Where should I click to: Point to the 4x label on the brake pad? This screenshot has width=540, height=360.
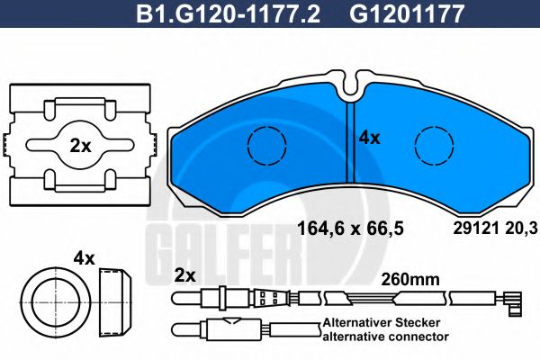tap(370, 139)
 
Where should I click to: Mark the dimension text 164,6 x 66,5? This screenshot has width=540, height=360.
tap(351, 229)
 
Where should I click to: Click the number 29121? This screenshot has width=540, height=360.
tap(466, 229)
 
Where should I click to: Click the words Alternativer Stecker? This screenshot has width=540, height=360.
tap(384, 322)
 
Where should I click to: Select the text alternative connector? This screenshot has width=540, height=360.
tap(384, 336)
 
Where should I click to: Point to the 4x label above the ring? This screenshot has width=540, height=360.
tap(85, 258)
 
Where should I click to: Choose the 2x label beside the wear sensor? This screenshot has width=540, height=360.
tap(185, 274)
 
